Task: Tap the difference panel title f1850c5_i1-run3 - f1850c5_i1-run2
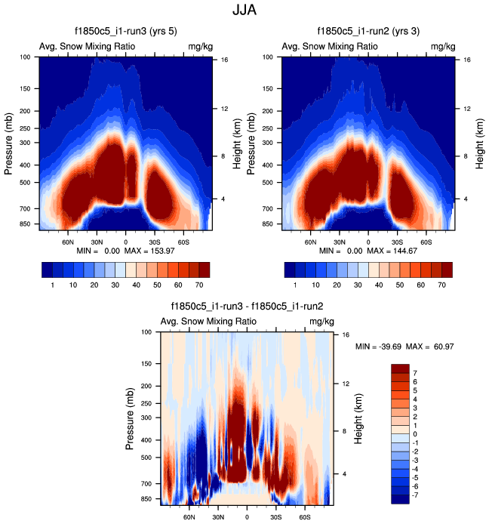click(x=248, y=307)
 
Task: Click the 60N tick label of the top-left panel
click(x=69, y=242)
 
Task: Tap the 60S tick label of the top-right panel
click(x=426, y=242)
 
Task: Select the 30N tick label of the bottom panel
click(x=218, y=518)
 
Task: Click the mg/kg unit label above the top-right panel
click(x=443, y=47)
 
